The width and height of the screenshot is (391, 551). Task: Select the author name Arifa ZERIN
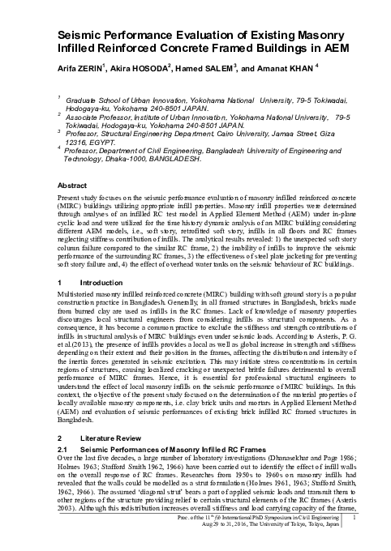[x=77, y=69]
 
